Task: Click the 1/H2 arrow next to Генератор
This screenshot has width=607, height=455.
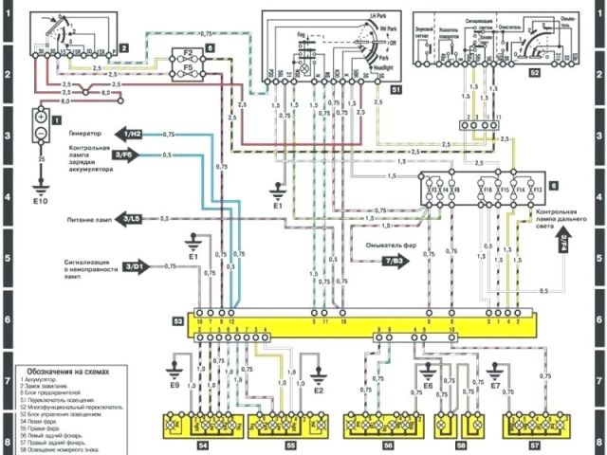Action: point(133,135)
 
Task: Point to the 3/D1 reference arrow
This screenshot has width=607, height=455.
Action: point(134,266)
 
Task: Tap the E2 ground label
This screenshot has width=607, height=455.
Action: point(319,390)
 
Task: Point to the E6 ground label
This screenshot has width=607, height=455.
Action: point(427,387)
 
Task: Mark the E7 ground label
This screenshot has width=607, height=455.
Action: point(495,387)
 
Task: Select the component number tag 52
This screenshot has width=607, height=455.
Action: point(535,72)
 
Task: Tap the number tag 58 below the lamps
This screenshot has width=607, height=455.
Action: point(461,443)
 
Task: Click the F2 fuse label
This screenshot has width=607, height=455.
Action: point(188,53)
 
